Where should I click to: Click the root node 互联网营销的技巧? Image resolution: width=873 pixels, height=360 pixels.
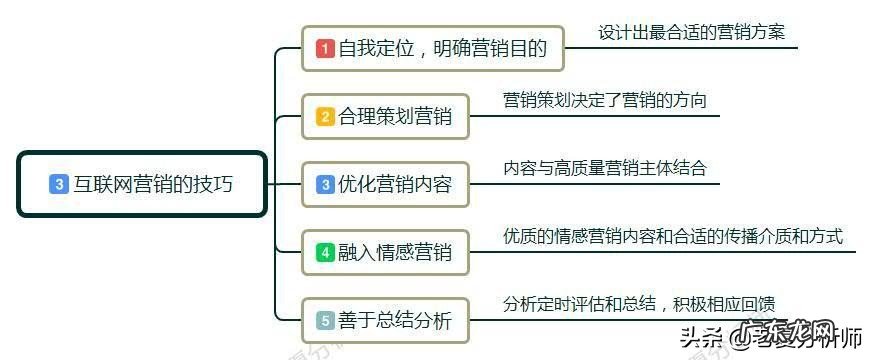(142, 184)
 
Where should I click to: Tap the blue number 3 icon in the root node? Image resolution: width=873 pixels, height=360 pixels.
(59, 184)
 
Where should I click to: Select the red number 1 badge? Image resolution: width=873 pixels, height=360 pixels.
(325, 48)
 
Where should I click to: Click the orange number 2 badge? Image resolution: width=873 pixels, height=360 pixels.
(325, 116)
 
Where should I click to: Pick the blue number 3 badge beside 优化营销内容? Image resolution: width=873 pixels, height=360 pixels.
(325, 184)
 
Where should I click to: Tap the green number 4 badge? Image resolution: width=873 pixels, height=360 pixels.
(325, 252)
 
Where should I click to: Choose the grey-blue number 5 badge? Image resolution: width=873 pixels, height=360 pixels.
(325, 320)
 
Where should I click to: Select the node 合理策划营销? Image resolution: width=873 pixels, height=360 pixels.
(385, 116)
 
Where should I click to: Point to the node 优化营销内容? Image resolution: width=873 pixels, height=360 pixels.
(385, 184)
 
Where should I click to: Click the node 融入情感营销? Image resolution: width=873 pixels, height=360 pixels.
(385, 252)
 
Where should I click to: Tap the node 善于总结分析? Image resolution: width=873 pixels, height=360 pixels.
(385, 320)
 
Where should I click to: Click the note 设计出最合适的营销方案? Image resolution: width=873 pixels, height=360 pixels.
(692, 31)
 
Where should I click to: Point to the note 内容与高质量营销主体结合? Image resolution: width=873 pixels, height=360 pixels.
(604, 168)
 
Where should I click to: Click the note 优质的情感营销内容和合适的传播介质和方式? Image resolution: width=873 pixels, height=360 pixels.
(673, 236)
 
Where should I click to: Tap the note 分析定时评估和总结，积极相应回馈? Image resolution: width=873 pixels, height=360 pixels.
(639, 304)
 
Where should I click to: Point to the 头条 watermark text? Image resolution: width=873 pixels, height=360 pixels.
(703, 337)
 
